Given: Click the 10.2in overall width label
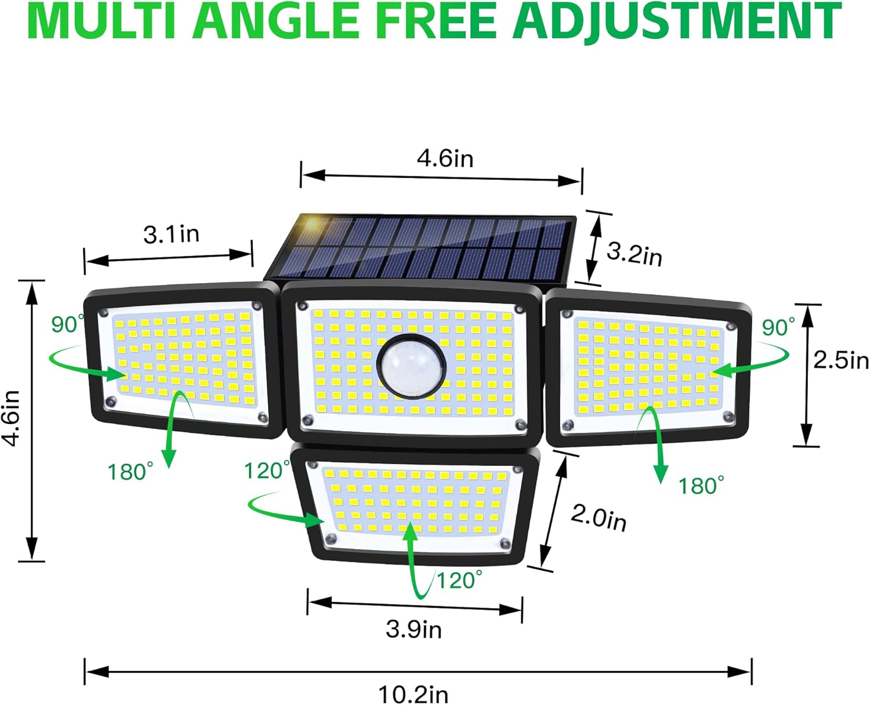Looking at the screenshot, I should [x=413, y=694].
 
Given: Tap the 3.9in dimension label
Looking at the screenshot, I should [x=414, y=629].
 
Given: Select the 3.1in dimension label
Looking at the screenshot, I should [x=171, y=234].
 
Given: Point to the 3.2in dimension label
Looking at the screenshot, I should [x=634, y=254].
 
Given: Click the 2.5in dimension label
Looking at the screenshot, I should [x=840, y=360].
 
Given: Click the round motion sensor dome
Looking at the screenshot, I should [x=411, y=366].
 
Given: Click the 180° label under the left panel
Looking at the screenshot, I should [x=130, y=472].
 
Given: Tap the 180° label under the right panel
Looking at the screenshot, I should [x=701, y=486].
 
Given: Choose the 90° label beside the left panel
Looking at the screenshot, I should [x=67, y=324].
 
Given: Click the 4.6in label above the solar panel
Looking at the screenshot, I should [x=445, y=158].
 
